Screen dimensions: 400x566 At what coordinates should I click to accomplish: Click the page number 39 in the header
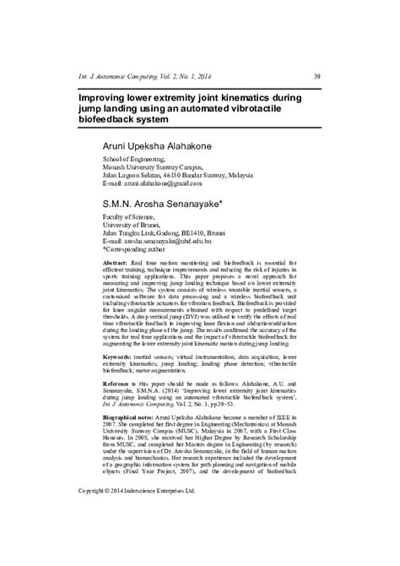point(316,75)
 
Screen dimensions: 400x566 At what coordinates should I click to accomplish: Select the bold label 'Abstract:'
point(116,264)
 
